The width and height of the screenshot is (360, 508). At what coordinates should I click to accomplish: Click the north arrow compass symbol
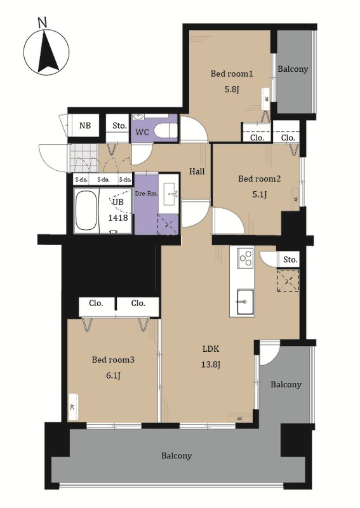[x=46, y=52]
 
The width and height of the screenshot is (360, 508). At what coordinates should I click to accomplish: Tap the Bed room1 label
[x=232, y=74]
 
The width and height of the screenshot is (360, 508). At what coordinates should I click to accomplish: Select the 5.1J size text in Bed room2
[x=259, y=194]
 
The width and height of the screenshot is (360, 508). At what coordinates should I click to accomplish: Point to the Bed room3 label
[x=113, y=359]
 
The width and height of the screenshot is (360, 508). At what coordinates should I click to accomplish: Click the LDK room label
[x=211, y=349]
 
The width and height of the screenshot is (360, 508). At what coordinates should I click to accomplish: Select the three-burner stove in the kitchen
[x=245, y=258]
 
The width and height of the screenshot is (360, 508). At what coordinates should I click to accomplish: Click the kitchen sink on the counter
[x=245, y=302]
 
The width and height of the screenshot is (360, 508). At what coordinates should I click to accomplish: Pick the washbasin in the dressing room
[x=171, y=194]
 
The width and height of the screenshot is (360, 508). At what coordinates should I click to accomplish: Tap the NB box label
[x=85, y=125]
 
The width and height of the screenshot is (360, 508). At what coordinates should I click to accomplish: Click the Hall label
[x=197, y=171]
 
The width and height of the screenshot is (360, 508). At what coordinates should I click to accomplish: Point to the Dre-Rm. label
[x=146, y=194]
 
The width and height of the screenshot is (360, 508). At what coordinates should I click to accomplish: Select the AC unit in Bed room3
[x=73, y=407]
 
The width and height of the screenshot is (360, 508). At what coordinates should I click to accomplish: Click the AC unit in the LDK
[x=240, y=418]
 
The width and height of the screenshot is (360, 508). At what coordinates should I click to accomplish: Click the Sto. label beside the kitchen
[x=290, y=260]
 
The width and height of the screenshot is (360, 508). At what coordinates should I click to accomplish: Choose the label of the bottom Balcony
[x=177, y=456]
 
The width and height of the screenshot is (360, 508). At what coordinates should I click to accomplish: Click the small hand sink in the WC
[x=139, y=117]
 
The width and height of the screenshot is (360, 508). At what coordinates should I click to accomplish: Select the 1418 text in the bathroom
[x=118, y=218]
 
